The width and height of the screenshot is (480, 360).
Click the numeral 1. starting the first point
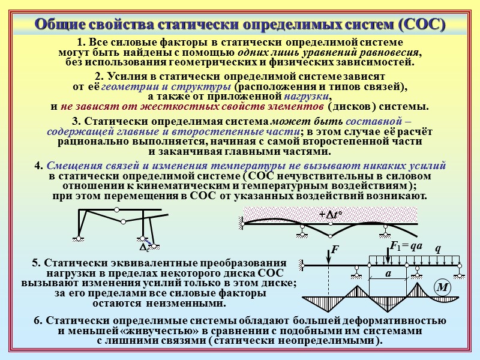click(81, 43)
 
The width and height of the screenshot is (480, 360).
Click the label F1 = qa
click(406, 246)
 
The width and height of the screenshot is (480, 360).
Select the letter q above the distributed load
click(437, 248)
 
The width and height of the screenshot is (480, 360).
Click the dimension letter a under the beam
click(388, 273)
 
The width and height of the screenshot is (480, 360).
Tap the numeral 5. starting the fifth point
click(35, 263)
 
